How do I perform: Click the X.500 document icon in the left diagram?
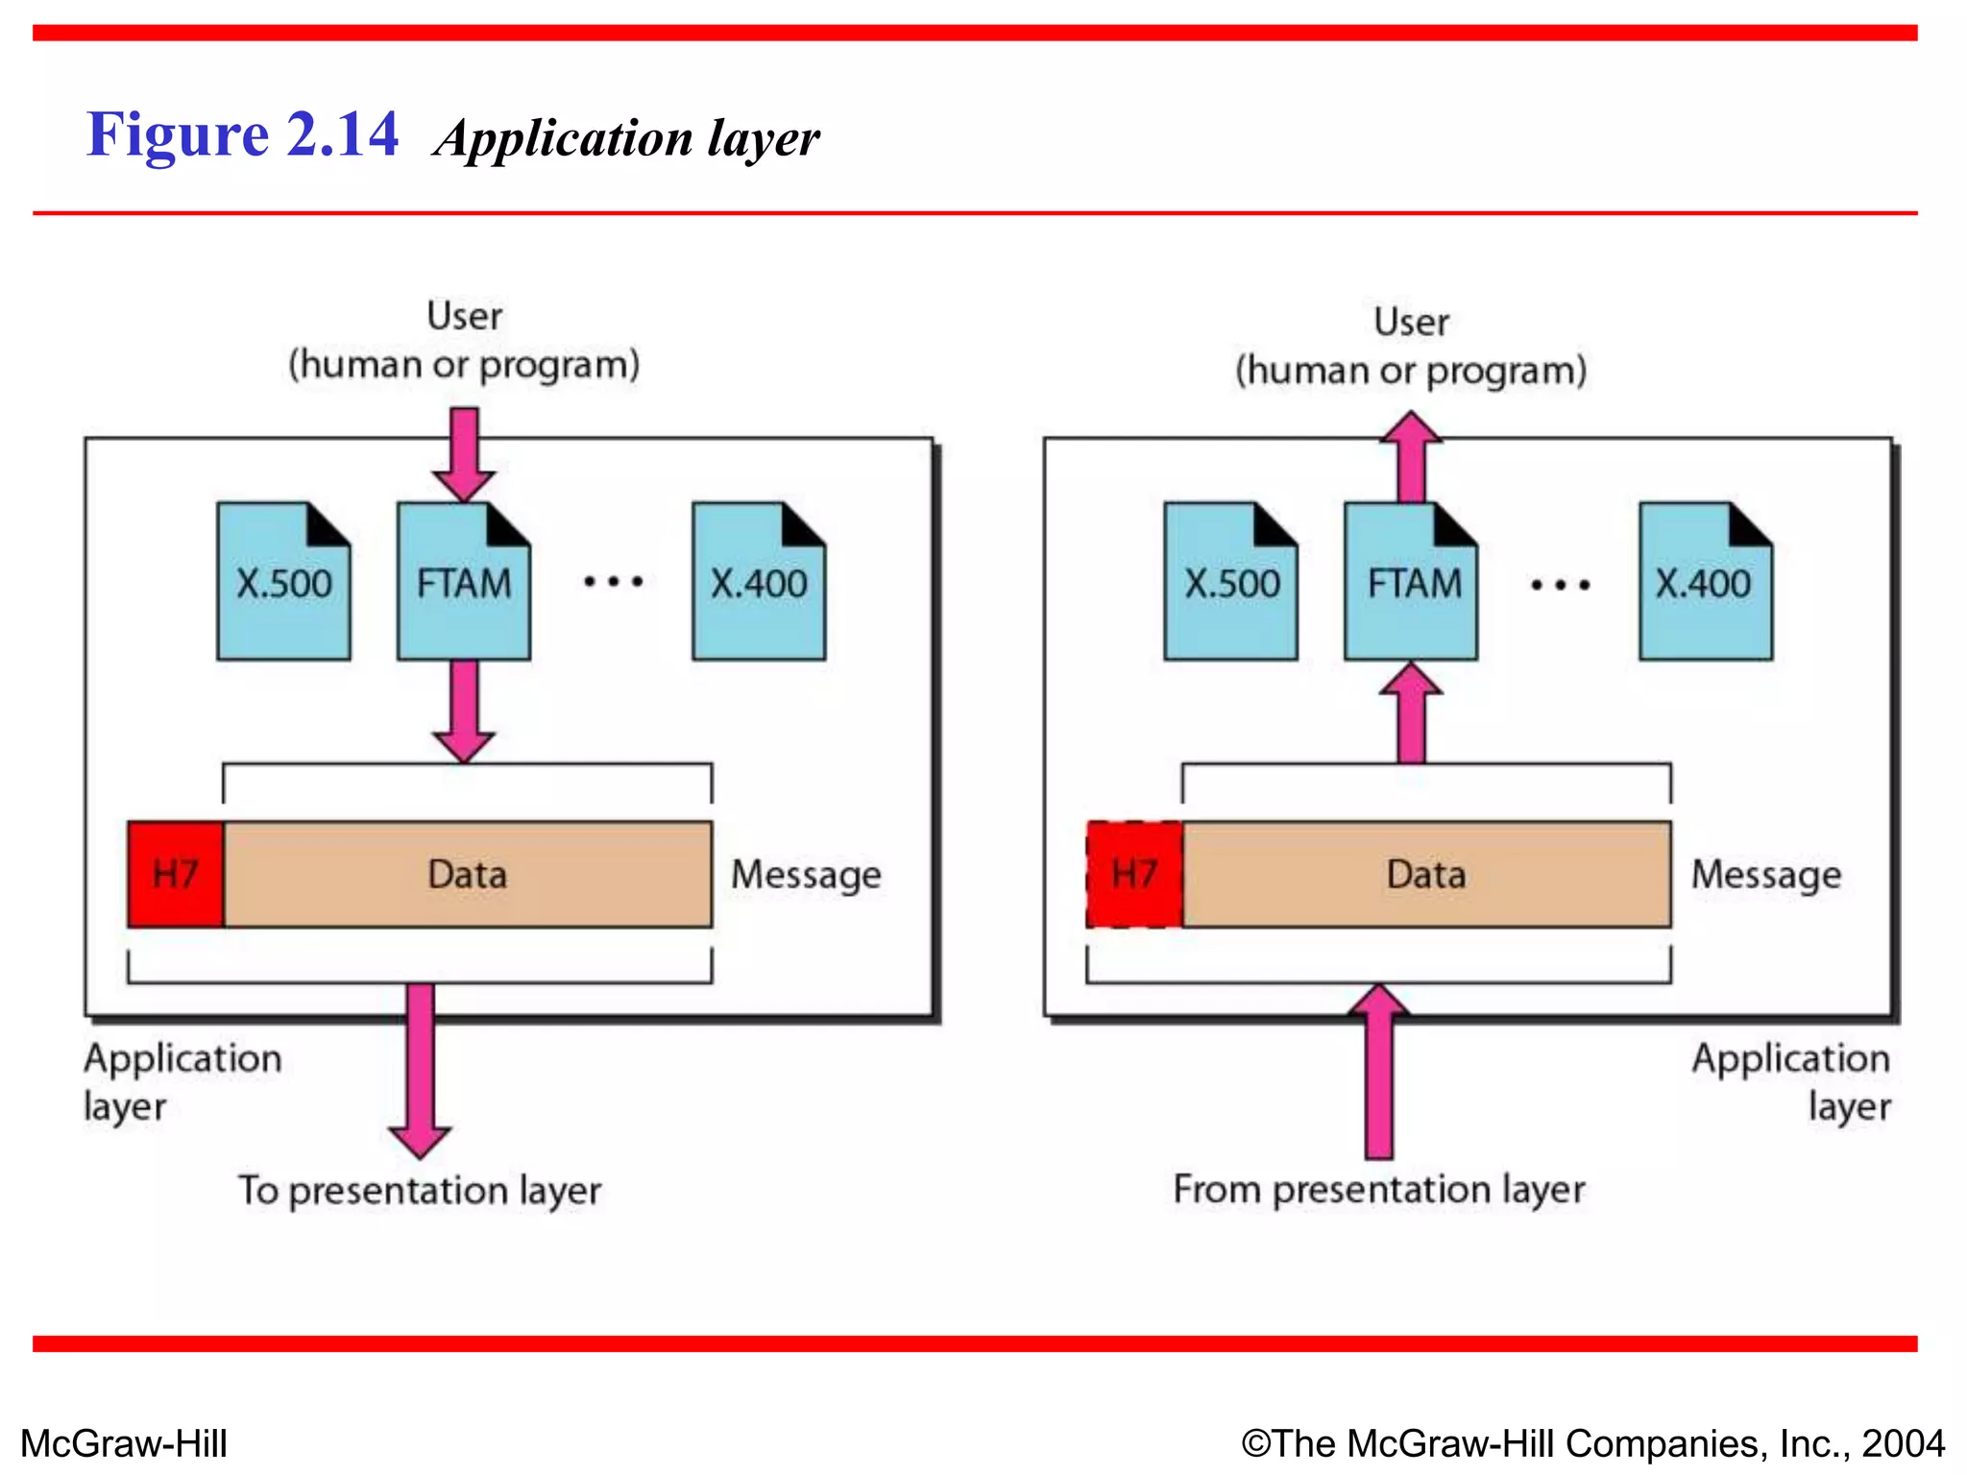coord(283,582)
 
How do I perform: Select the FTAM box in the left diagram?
coord(463,582)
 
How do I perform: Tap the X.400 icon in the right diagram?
coord(1705,582)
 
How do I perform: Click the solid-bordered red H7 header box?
coord(176,874)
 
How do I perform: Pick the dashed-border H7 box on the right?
coord(1134,874)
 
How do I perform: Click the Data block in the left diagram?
coord(468,874)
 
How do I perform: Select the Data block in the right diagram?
coord(1426,874)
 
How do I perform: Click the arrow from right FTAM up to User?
coord(1411,457)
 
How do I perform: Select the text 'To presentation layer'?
coord(420,1191)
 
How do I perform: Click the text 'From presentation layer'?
coord(1378,1190)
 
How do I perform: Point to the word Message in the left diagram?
coord(806,875)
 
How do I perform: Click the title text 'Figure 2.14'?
coord(242,134)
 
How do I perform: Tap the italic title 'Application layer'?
coord(626,138)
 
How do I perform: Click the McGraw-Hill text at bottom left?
coord(124,1443)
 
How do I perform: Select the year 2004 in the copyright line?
coord(1903,1443)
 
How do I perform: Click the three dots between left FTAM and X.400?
coord(613,581)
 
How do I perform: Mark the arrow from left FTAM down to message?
coord(464,711)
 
